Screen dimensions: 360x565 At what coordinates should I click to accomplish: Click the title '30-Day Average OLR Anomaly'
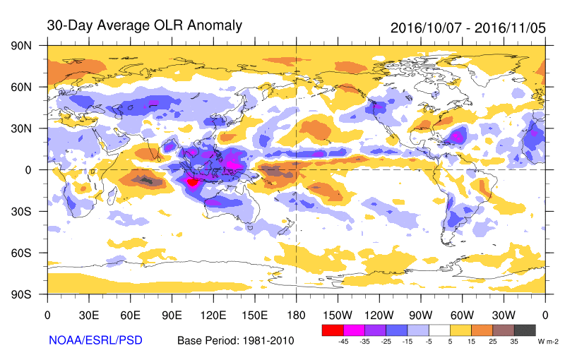[x=144, y=25]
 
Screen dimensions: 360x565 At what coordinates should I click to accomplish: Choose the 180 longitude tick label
[x=296, y=314]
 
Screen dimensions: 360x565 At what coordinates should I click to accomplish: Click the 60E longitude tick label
[x=130, y=314]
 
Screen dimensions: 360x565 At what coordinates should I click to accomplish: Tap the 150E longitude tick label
[x=254, y=314]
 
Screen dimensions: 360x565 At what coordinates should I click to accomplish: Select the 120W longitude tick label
[x=379, y=314]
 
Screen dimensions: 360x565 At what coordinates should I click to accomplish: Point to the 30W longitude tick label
[x=504, y=314]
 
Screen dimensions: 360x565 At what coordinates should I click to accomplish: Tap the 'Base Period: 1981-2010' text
[x=235, y=341]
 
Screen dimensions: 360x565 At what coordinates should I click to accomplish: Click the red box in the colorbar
[x=332, y=330]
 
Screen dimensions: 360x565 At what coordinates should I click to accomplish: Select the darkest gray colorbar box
[x=525, y=330]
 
